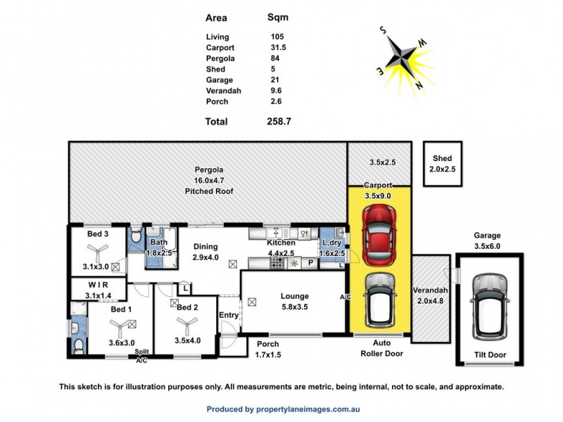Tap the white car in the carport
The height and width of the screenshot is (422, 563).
[x=379, y=302]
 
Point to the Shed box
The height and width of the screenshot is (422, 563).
[x=442, y=163]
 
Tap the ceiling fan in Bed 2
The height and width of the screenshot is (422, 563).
[x=186, y=324]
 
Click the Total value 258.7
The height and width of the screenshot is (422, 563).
[x=279, y=122]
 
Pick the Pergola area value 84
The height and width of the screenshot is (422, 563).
[x=275, y=58]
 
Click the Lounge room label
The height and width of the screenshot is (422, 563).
[x=294, y=295]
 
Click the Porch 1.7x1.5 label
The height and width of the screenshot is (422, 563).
[x=267, y=349]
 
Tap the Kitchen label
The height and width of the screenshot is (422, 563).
[x=281, y=243]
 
